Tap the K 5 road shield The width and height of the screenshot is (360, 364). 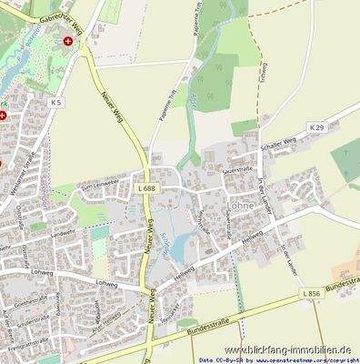click(x=57, y=103)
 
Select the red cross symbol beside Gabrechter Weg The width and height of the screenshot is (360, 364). click(x=66, y=42)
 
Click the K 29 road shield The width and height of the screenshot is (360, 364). click(x=316, y=128)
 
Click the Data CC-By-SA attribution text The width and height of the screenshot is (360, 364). click(x=222, y=359)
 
